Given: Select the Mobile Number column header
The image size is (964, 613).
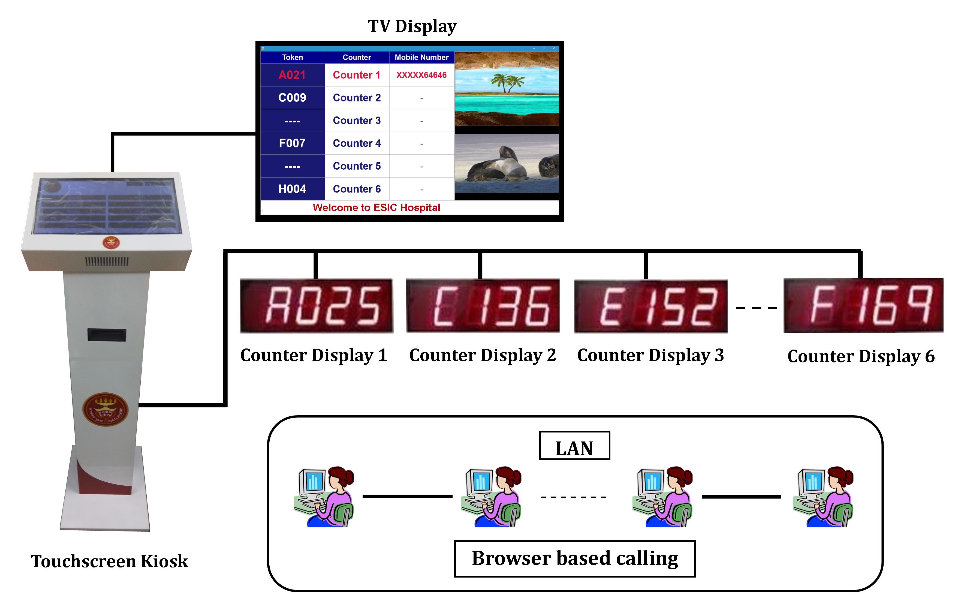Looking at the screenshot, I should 421,57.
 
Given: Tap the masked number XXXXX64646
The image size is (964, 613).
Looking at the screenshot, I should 421,75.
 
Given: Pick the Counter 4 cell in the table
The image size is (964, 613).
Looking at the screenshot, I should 357,143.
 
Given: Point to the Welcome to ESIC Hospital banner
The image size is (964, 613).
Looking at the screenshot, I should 376,208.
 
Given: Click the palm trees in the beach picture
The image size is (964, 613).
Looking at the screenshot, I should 507,82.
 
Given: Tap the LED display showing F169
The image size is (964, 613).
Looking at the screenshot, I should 863,305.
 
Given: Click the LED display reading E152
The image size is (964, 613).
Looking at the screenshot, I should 650,306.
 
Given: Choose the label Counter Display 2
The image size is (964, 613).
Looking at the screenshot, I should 482,355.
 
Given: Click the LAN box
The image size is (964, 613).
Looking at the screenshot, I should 574,446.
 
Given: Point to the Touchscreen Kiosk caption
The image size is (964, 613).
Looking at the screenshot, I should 109,561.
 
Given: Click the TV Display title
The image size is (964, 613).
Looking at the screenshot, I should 412,26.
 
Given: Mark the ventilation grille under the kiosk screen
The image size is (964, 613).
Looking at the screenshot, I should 107,262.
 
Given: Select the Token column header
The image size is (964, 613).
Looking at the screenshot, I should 292,57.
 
